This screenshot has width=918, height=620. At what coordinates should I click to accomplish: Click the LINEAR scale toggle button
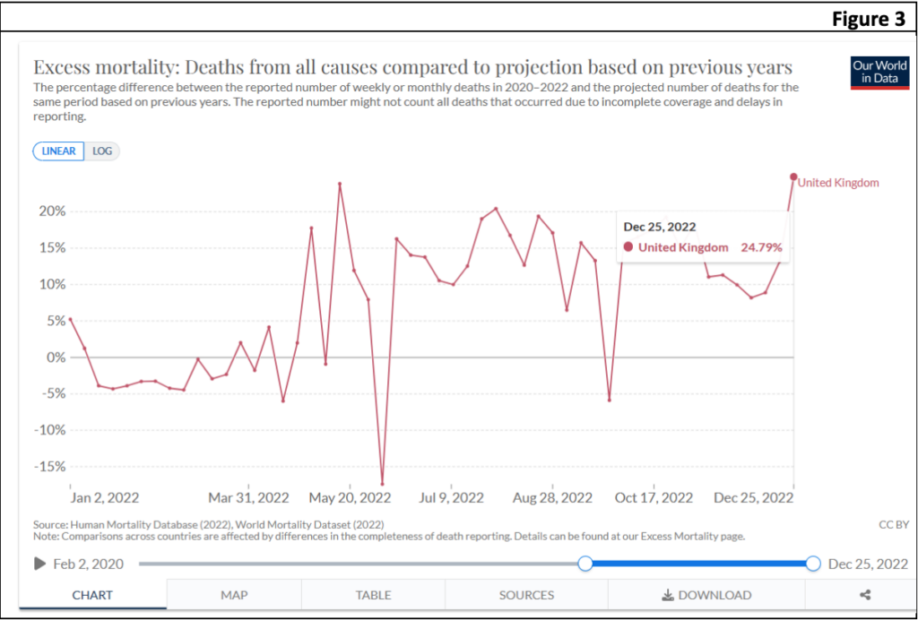pos(59,151)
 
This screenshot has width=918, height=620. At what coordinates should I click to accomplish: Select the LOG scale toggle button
pos(102,151)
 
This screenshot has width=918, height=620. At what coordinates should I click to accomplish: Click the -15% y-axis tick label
pos(50,467)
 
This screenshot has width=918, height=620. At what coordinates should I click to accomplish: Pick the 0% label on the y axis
pos(56,357)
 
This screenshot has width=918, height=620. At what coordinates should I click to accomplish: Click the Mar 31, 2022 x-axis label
pos(248,498)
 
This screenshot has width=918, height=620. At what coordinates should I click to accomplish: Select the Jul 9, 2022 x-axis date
pos(451,498)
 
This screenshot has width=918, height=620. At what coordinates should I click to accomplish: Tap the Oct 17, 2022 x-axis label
pos(654,498)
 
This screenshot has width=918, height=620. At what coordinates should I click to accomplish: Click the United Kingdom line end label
pos(838,183)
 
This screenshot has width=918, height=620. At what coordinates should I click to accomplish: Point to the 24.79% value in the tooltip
pos(761,247)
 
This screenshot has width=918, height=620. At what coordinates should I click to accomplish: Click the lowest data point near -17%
pos(382,484)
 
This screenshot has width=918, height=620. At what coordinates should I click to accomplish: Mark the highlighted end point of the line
pos(793,177)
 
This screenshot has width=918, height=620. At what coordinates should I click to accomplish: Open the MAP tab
pos(234,595)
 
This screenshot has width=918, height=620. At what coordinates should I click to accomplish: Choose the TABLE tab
pos(373,595)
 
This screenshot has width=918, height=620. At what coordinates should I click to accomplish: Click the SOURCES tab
pos(526,595)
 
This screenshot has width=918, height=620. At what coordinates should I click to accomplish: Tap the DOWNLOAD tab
pos(706,595)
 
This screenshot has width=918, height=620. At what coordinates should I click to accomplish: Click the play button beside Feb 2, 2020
pos(39,564)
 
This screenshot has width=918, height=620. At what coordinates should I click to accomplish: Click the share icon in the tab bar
pos(865,595)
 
